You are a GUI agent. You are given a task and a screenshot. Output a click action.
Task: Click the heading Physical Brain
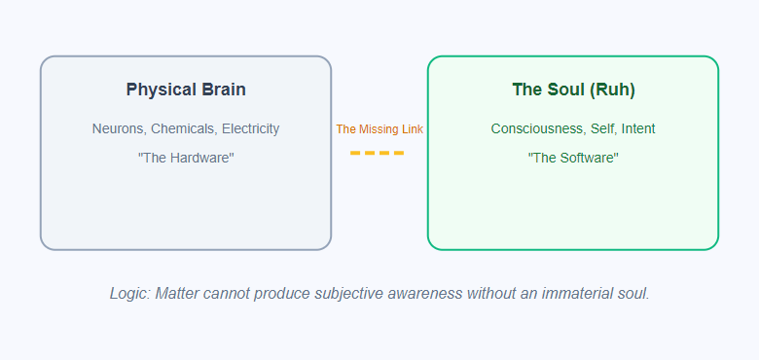point(186,90)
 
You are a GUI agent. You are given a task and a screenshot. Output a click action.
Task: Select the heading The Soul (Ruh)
point(573,90)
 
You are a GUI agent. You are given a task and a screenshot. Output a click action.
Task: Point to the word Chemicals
point(183,128)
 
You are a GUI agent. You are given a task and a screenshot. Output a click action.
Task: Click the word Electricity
point(250,128)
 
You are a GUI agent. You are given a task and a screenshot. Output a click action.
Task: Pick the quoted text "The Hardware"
point(186,158)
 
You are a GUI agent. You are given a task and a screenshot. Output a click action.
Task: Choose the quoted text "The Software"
point(573,158)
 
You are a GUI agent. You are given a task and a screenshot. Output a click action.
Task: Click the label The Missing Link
point(379,128)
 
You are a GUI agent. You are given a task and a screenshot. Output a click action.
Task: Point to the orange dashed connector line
point(378,153)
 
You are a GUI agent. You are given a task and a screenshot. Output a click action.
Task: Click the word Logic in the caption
point(129,293)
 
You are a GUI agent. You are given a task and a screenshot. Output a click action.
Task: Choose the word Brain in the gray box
point(223,90)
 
